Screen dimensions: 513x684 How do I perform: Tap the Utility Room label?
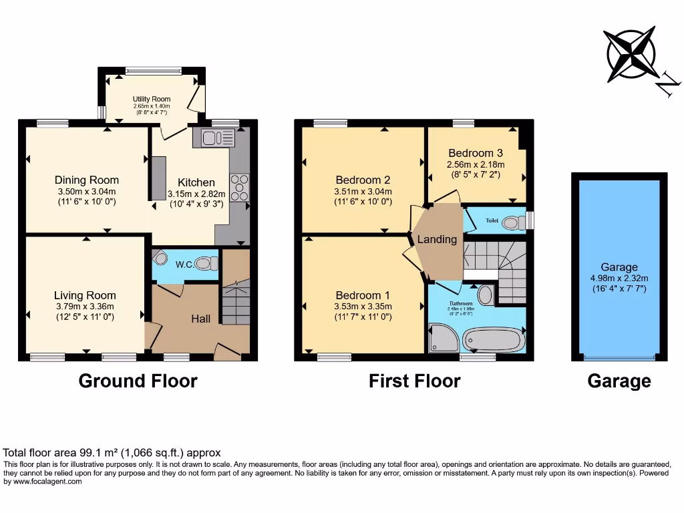[x=152, y=99]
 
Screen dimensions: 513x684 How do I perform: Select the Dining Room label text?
[x=87, y=180]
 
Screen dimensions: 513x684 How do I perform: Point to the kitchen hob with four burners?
[x=238, y=188]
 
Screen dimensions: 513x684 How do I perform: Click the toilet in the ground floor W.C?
[x=206, y=263]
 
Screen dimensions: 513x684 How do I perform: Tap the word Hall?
[x=200, y=319]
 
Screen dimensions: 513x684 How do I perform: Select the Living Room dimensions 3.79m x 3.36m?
[x=85, y=307]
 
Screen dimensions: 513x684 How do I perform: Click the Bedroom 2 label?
[x=363, y=180]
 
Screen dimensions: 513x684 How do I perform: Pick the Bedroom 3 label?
[x=476, y=153]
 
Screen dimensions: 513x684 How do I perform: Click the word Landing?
[x=437, y=239]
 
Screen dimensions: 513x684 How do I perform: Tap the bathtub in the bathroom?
[x=493, y=340]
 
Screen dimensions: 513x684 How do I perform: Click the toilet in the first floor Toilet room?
[x=514, y=221]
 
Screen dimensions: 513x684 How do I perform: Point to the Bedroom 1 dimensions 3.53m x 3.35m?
[x=363, y=307]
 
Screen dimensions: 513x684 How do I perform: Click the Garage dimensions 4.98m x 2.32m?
[x=619, y=279]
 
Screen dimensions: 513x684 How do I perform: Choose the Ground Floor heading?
[x=138, y=381]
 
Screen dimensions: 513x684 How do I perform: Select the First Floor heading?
[x=414, y=381]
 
